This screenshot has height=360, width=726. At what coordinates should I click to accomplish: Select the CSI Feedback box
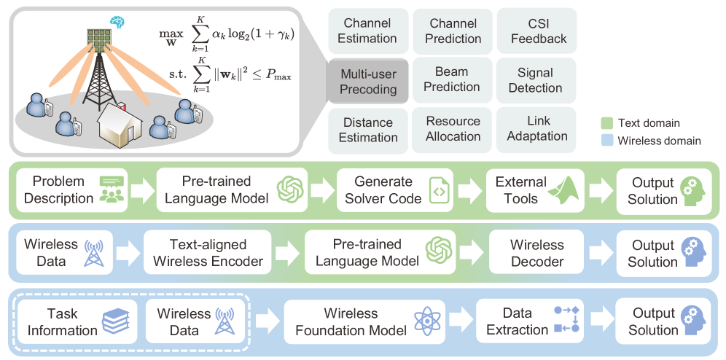538,31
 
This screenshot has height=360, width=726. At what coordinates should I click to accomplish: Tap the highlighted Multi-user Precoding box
369,81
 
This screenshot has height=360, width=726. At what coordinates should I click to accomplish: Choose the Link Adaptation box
537,128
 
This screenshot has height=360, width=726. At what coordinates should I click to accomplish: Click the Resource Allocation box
453,129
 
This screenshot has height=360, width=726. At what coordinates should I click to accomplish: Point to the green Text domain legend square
606,122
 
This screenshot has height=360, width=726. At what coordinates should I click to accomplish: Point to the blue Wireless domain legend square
606,141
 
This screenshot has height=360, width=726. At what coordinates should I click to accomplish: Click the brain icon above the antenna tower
117,23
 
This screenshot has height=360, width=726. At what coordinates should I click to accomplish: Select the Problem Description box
69,189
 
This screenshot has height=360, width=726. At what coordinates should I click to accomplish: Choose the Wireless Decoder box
537,253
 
